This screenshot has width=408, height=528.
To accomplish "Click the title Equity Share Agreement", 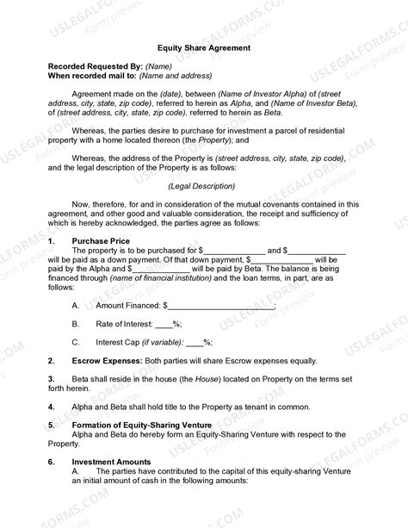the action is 204,48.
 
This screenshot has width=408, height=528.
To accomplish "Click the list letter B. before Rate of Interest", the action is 76,324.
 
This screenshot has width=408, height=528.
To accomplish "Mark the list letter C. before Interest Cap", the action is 76,342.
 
